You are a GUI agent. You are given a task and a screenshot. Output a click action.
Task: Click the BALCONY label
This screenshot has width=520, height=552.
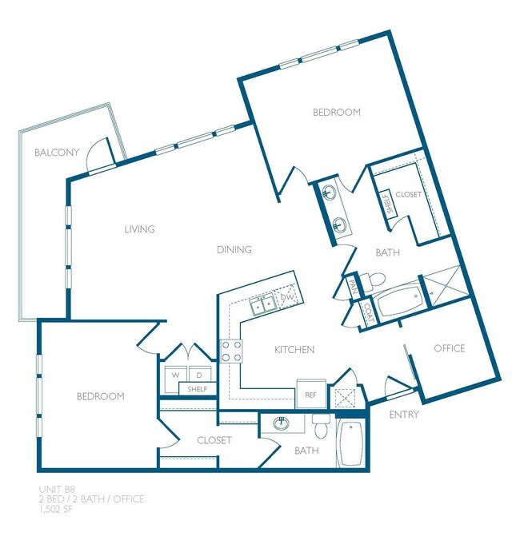pos(56,152)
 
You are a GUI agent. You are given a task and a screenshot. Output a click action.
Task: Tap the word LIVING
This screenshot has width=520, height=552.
pos(139,229)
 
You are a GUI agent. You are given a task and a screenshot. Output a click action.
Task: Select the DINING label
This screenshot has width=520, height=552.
pos(234,249)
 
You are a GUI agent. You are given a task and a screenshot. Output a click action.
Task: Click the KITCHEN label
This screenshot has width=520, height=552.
pos(294,350)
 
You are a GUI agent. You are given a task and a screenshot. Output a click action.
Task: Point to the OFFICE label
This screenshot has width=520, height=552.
pos(449,348)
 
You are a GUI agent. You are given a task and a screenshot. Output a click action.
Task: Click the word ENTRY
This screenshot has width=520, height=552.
pos(404,415)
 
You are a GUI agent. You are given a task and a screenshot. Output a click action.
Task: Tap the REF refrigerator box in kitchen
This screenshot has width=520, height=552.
pos(310,394)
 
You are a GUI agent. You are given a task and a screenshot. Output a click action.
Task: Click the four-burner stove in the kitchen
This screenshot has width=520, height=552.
pos(231,351)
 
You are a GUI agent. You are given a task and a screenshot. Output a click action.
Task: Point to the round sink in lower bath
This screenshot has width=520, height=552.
pos(281,423)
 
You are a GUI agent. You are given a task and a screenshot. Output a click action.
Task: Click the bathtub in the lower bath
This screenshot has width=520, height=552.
pos(351,444)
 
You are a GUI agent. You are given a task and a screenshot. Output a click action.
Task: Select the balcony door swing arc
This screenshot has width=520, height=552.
pos(98,151)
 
